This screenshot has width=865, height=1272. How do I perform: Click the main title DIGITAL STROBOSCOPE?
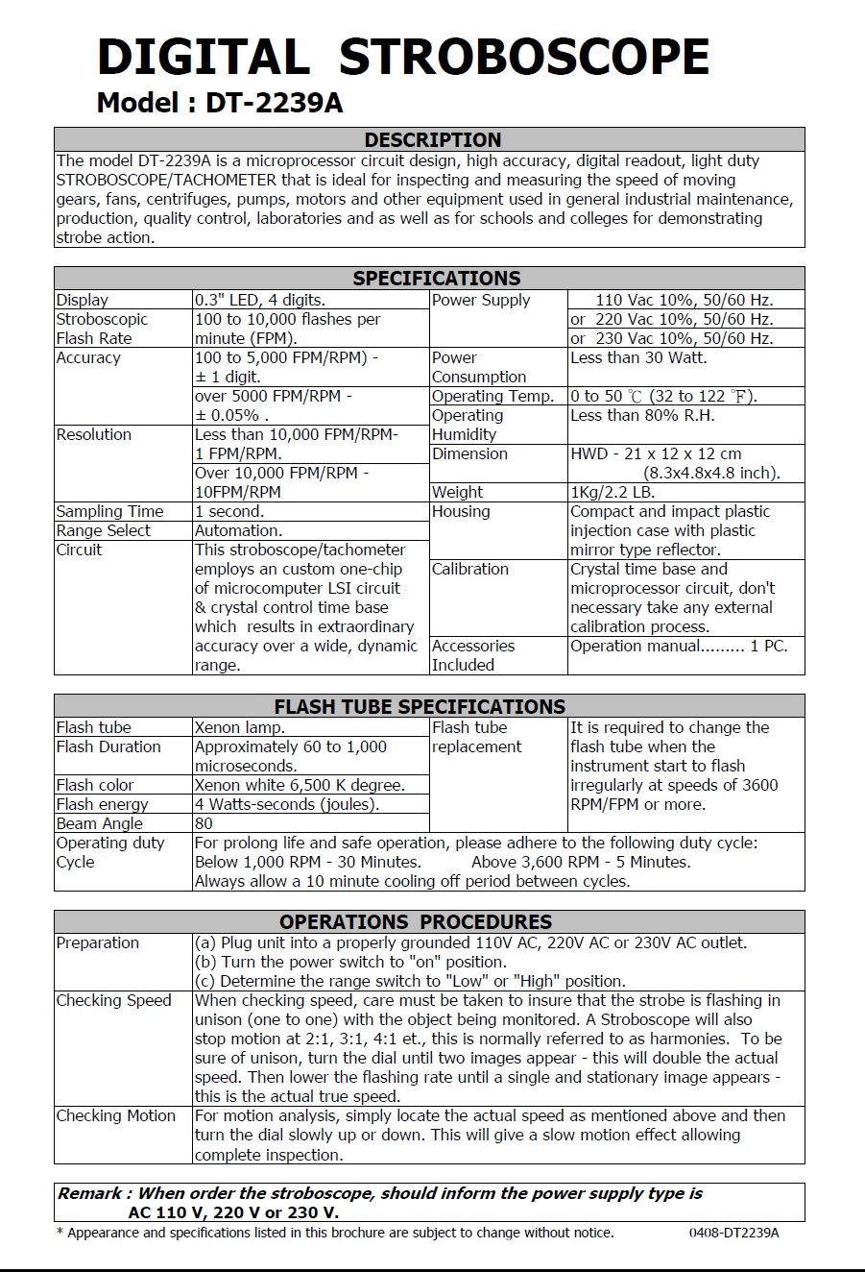click(x=403, y=58)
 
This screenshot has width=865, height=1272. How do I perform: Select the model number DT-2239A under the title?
click(x=274, y=103)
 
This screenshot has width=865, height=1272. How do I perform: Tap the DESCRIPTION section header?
click(x=432, y=139)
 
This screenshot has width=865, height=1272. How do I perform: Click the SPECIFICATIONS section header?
click(x=436, y=279)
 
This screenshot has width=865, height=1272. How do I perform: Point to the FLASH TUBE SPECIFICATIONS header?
click(x=420, y=706)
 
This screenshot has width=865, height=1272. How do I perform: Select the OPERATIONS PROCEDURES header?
click(x=416, y=921)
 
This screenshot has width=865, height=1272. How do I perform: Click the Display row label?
click(x=83, y=300)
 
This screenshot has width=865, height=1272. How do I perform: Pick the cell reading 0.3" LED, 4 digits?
click(x=259, y=300)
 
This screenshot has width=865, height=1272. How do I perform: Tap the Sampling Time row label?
click(x=109, y=511)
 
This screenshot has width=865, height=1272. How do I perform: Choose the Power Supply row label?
click(x=481, y=300)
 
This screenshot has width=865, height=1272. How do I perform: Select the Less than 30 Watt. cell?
click(x=638, y=357)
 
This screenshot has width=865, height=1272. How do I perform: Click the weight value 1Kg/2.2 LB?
click(x=613, y=492)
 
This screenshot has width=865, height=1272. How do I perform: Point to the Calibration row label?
click(x=469, y=569)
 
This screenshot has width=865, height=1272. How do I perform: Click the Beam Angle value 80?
click(x=204, y=823)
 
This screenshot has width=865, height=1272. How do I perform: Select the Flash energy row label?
click(x=102, y=804)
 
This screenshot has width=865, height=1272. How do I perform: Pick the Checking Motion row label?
click(x=115, y=1115)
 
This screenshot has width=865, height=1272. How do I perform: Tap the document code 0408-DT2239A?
click(x=733, y=1233)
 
